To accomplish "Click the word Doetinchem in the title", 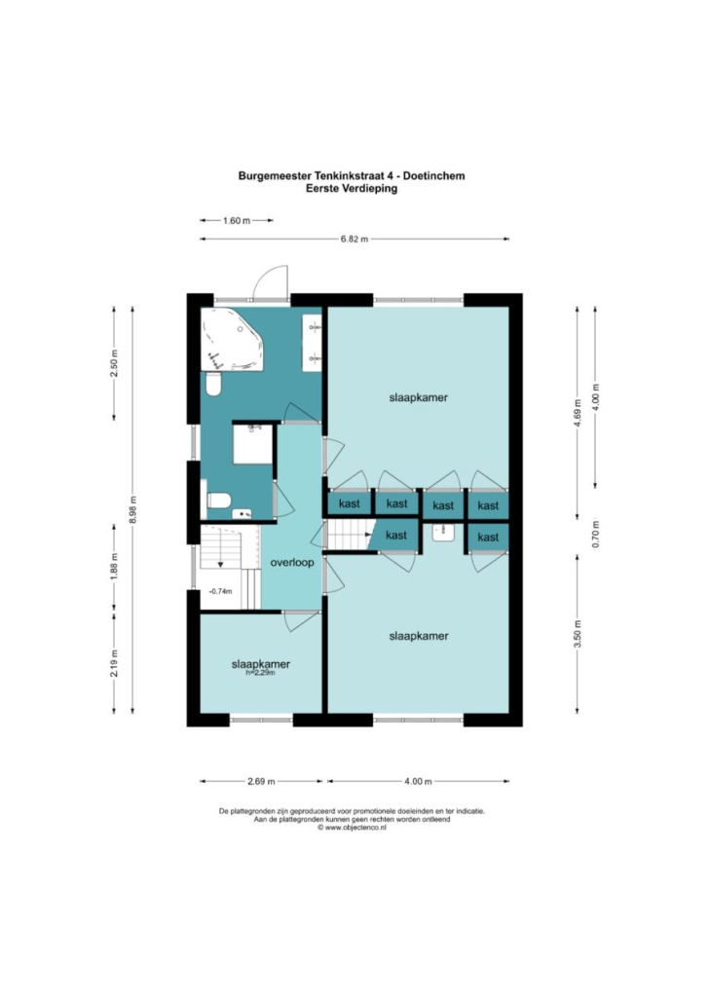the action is click(x=433, y=175).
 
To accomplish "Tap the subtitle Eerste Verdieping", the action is click(x=352, y=189).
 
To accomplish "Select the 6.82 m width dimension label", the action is click(x=354, y=240).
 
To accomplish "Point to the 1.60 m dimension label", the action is click(x=236, y=221).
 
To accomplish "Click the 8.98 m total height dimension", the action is click(x=133, y=510).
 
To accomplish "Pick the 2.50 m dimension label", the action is click(x=115, y=363).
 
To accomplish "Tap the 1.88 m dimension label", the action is click(x=115, y=566).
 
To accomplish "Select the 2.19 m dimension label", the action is click(x=115, y=663).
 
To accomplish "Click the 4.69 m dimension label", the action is click(x=578, y=413).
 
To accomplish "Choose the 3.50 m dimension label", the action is click(x=578, y=634).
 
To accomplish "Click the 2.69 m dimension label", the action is click(x=261, y=781).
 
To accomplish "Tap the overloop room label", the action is click(x=292, y=563).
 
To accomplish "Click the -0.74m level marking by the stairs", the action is click(x=220, y=591).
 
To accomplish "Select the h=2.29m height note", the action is click(x=260, y=673).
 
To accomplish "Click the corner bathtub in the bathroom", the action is click(x=232, y=339).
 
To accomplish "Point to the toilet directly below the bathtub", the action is click(x=213, y=384).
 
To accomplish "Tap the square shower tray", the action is click(x=253, y=444).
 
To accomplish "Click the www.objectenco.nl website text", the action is click(x=352, y=827).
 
